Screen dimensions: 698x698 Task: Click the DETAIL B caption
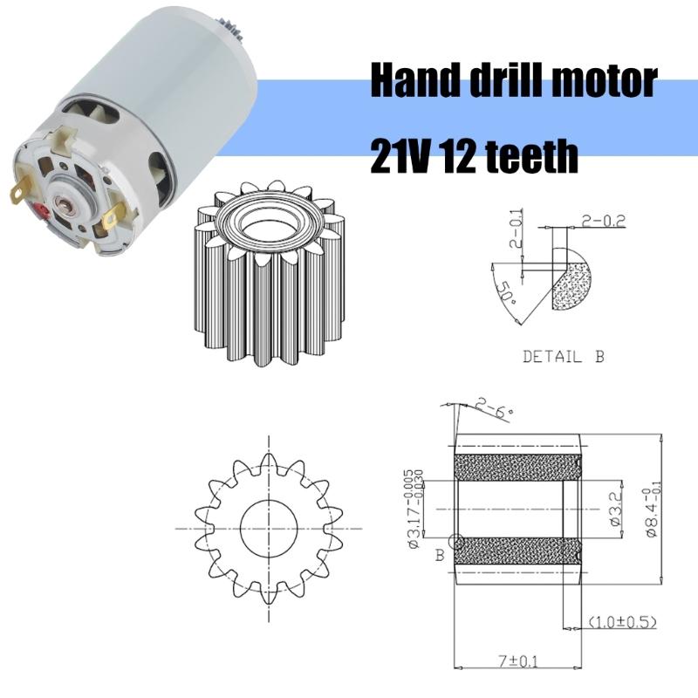tap(564, 356)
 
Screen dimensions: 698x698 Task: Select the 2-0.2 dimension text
tap(602, 222)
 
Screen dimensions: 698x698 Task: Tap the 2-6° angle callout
tap(494, 405)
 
